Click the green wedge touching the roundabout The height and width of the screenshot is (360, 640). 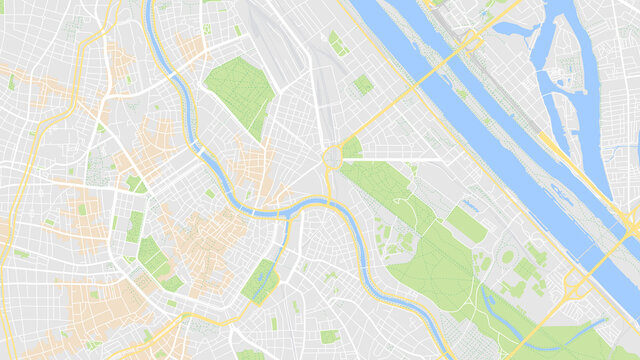tap(352, 149)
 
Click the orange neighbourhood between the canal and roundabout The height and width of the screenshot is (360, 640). tap(250, 165)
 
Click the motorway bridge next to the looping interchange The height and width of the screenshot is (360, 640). tap(610, 250)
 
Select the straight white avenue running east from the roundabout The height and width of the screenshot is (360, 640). tap(400, 159)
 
